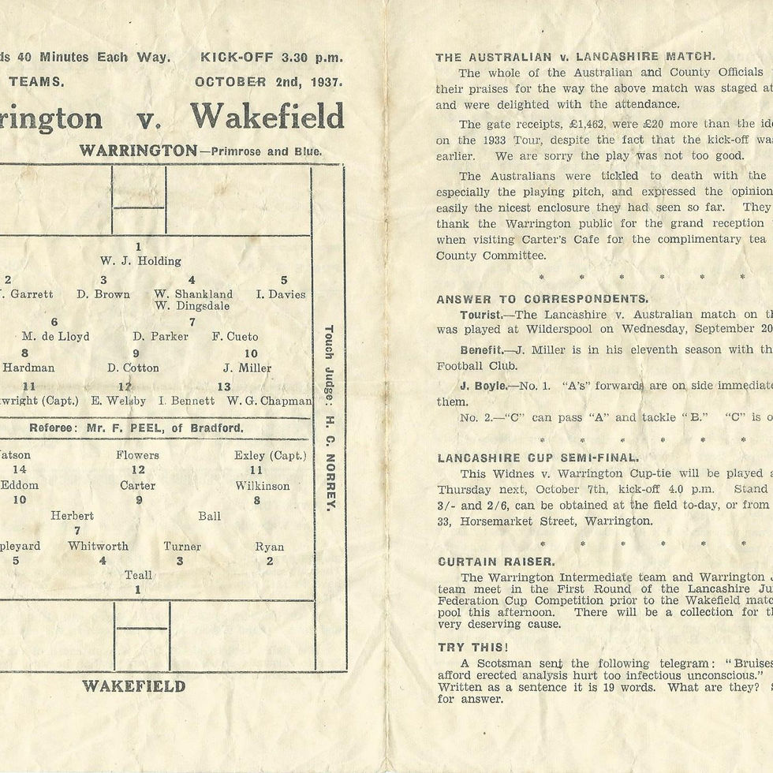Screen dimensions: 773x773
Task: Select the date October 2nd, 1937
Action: [x=269, y=82]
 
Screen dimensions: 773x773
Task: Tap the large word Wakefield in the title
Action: [x=267, y=118]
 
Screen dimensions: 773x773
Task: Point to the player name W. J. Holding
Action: [x=140, y=261]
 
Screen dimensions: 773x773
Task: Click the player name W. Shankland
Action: [x=193, y=294]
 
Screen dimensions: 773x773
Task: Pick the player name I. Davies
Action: [x=281, y=294]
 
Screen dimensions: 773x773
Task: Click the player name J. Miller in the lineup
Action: [x=248, y=368]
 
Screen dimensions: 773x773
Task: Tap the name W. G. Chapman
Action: [x=269, y=401]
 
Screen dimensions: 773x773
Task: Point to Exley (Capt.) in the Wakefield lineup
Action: [x=270, y=455]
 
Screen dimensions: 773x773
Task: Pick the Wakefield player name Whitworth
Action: [x=98, y=546]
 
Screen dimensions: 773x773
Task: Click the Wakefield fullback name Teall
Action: [x=138, y=576]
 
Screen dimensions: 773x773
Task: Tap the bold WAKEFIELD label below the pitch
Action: [x=134, y=686]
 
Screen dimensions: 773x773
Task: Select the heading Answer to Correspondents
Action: [x=542, y=299]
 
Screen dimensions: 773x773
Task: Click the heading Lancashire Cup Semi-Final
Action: [x=537, y=457]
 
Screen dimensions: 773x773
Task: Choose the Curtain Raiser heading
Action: [x=496, y=562]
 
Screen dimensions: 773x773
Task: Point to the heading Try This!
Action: [x=468, y=647]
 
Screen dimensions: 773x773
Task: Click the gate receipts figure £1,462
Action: [x=595, y=124]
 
